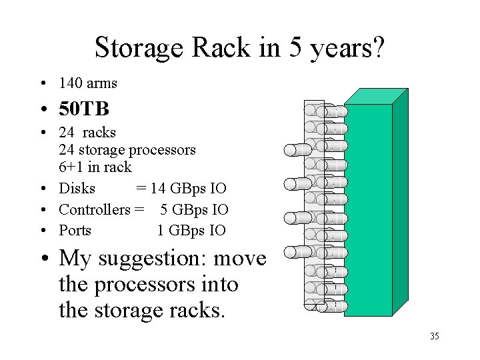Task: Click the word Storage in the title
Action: click(x=139, y=48)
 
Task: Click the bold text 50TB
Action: click(x=84, y=107)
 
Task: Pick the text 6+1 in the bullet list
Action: click(x=72, y=167)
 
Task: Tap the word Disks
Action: click(x=77, y=188)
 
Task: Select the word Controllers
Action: click(x=94, y=209)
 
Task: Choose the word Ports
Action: click(x=75, y=231)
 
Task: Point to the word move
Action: click(x=239, y=259)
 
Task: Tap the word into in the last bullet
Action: click(x=220, y=285)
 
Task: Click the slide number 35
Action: click(x=434, y=337)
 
